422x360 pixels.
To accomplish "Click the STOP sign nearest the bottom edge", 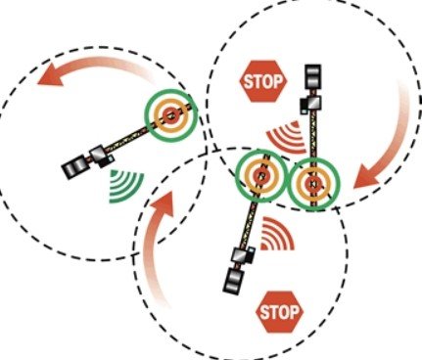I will pyautogui.click(x=276, y=313).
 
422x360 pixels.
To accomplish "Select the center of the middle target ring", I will pyautogui.click(x=259, y=177).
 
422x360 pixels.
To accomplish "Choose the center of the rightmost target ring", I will pyautogui.click(x=312, y=181).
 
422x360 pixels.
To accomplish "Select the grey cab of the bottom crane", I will pyautogui.click(x=240, y=255).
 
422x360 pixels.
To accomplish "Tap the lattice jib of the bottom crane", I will pyautogui.click(x=250, y=215).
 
